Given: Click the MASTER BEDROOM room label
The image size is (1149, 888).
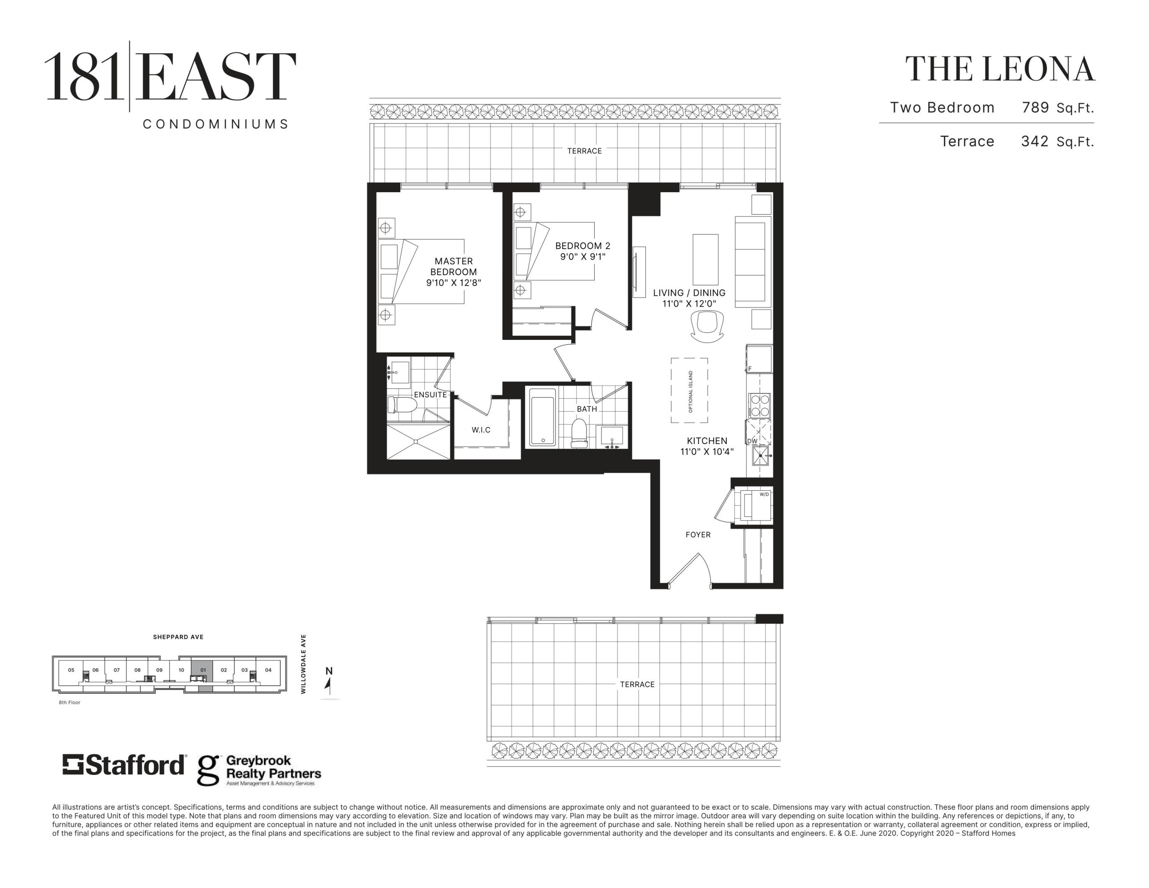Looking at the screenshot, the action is click(x=453, y=266).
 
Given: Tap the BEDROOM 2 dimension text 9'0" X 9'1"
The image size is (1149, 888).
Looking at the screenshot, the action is click(x=583, y=257).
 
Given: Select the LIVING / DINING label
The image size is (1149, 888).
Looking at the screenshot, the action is click(x=689, y=293).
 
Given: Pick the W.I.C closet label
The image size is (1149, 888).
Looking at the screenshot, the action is click(x=481, y=430).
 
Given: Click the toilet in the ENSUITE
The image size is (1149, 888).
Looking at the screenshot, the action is click(x=402, y=405).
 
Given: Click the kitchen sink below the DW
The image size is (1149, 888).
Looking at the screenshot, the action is click(x=761, y=456).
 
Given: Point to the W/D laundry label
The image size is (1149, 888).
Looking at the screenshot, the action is click(x=764, y=494).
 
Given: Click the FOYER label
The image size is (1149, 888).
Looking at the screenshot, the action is click(x=698, y=535).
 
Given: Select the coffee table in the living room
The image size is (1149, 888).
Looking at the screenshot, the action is click(x=706, y=259).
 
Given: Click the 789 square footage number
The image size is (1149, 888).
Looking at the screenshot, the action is click(x=1035, y=107).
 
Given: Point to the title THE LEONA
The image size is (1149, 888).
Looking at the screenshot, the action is click(x=1000, y=70).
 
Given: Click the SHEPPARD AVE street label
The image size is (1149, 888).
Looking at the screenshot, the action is click(x=178, y=637).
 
